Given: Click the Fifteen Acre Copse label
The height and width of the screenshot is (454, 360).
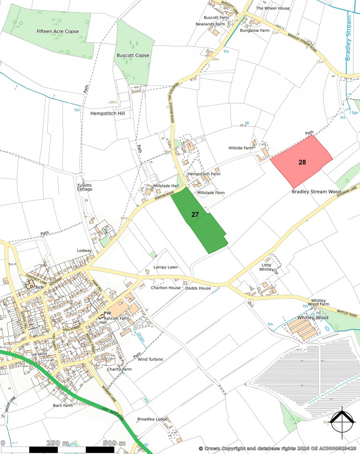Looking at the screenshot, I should coord(58,31).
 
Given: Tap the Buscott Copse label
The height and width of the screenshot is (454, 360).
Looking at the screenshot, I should coord(133,55).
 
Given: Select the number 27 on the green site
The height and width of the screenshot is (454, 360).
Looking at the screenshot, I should coord(195,214).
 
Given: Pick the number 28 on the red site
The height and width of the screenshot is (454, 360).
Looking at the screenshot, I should coord(302,162).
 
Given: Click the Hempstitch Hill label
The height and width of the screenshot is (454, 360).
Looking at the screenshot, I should coord(106,113).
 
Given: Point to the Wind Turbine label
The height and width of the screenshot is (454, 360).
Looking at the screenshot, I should coord(150,359).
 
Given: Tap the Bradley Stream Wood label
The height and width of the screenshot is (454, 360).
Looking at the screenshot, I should coord(316,192).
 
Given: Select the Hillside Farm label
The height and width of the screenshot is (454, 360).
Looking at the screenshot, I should coord(240,148).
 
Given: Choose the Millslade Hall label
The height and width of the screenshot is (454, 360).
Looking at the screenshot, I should coord(166,186).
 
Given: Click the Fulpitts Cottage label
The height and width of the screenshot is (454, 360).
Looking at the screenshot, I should coord(85,187).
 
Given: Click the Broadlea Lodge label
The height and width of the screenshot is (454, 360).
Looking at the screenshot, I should coord(152,419).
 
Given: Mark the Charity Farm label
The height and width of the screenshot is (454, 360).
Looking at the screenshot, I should coord(119,369).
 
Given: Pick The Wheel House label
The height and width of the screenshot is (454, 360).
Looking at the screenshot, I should coord(273,8).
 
